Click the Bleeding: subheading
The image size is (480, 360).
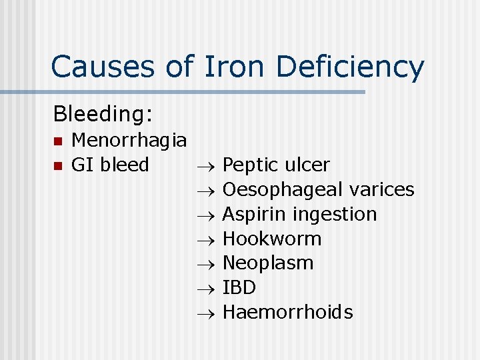(x=103, y=114)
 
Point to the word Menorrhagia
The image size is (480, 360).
(x=129, y=141)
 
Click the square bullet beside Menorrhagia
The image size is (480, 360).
(x=58, y=141)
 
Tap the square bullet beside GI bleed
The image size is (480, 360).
(x=58, y=165)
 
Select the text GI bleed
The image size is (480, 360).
(x=109, y=165)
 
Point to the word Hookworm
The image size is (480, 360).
(x=272, y=239)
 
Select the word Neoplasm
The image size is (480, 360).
(x=267, y=263)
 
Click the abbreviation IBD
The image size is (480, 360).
(x=239, y=287)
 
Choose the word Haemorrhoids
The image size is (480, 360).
(x=287, y=312)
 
